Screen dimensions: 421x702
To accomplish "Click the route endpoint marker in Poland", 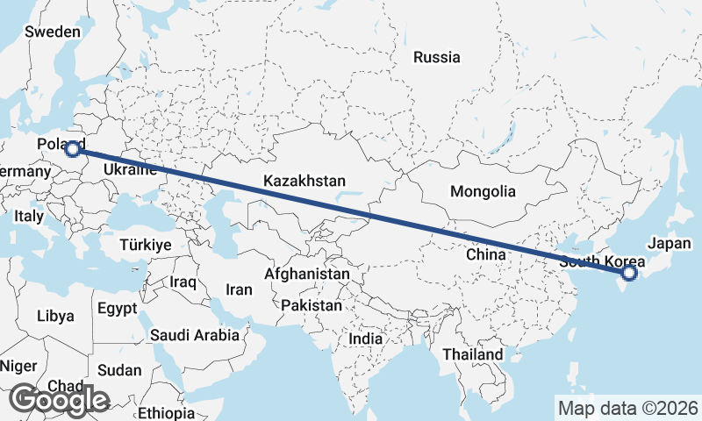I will click(74, 150).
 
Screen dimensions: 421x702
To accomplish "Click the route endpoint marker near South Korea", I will click(629, 274).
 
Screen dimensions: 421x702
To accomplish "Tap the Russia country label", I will click(436, 58).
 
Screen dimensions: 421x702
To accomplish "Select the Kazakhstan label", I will click(304, 181).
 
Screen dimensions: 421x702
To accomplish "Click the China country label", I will click(487, 254).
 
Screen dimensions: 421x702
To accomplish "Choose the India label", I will click(365, 339).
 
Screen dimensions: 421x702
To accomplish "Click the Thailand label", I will click(473, 354).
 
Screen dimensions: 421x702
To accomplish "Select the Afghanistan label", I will click(302, 275).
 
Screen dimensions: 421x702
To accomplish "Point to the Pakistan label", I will click(312, 306).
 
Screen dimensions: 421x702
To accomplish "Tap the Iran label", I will click(239, 289).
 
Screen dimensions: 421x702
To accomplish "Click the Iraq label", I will click(183, 282).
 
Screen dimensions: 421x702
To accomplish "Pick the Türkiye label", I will click(146, 245).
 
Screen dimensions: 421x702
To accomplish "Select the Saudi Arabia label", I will click(194, 334).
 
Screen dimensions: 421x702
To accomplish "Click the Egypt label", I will click(118, 309).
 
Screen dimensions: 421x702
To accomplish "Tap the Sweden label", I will click(53, 32).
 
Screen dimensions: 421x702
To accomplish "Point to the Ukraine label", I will click(130, 169).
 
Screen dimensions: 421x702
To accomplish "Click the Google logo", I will click(59, 400).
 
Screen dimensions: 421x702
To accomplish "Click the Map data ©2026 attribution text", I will click(628, 408).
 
